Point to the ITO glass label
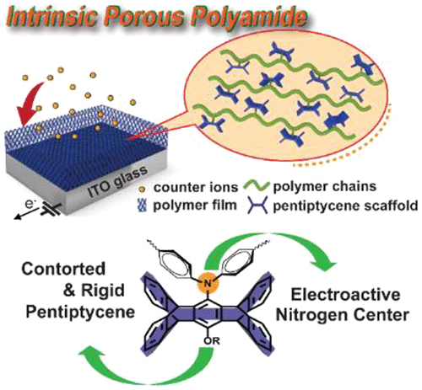pyautogui.click(x=117, y=181)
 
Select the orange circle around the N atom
pyautogui.click(x=208, y=282)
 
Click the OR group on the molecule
pyautogui.click(x=212, y=341)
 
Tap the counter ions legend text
pyautogui.click(x=196, y=188)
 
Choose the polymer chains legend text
pyautogui.click(x=325, y=187)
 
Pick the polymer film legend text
pyautogui.click(x=195, y=206)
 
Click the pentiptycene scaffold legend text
pyautogui.click(x=345, y=206)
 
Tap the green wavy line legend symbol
pyautogui.click(x=256, y=186)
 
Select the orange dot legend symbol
pyautogui.click(x=143, y=190)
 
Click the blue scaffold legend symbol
pyautogui.click(x=257, y=206)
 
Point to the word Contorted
pyautogui.click(x=63, y=269)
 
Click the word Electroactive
pyautogui.click(x=345, y=295)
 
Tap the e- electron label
pyautogui.click(x=30, y=204)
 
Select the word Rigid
pyautogui.click(x=103, y=290)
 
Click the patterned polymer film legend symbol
pyautogui.click(x=143, y=206)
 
